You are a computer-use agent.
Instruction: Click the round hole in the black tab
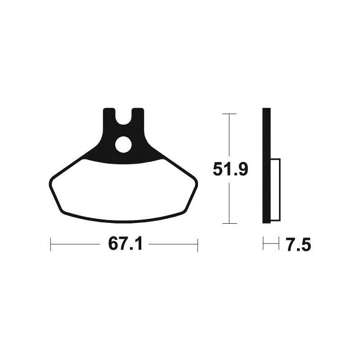point(123,144)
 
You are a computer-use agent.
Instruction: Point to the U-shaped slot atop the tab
point(123,118)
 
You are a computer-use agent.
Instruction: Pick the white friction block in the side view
point(275,189)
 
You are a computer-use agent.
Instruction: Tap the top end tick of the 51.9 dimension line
point(229,114)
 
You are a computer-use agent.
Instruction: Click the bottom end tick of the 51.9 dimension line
point(229,223)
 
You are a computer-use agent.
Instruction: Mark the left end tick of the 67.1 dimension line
point(50,245)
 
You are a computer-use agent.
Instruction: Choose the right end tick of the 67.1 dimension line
point(197,245)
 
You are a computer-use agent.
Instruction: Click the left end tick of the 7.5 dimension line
point(264,245)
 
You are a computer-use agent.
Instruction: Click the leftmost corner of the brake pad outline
point(49,182)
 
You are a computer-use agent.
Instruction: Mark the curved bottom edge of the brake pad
point(123,221)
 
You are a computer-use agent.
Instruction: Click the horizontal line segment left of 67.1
point(76,245)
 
